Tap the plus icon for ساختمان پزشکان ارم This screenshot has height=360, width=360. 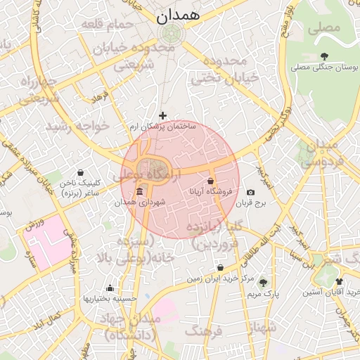163,115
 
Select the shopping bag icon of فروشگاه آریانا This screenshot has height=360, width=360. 210,181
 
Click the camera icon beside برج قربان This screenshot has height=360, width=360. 251,193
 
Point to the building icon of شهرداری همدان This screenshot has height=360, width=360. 140,192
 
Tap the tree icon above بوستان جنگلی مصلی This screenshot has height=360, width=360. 323,56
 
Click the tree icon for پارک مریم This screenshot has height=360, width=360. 263,283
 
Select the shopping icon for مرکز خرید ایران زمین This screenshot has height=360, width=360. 221,268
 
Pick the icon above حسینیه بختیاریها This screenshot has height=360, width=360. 109,288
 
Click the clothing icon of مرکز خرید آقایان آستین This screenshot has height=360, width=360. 340,281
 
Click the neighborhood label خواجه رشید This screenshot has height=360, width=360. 78,127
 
